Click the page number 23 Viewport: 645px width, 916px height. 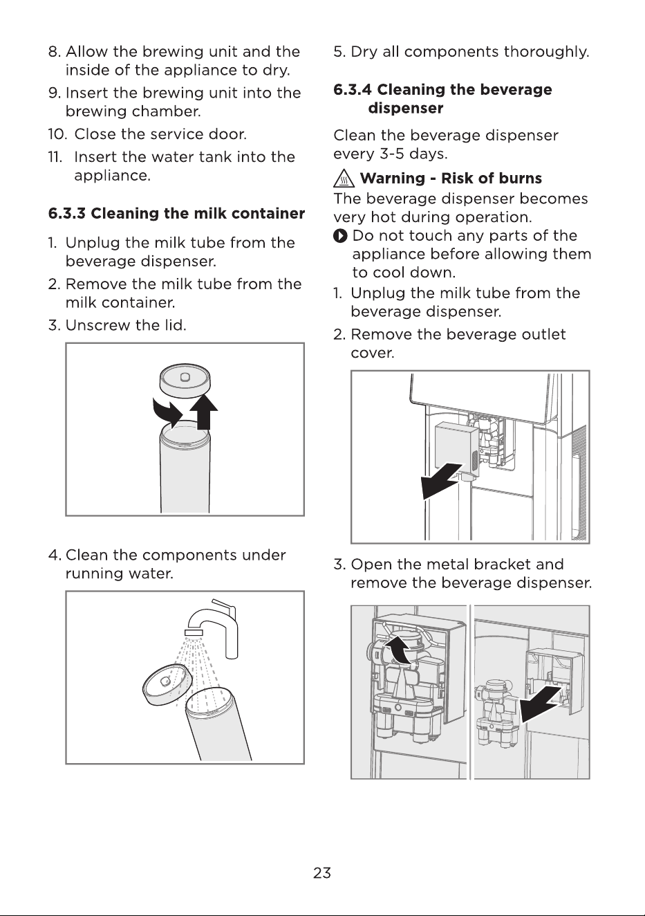(x=322, y=872)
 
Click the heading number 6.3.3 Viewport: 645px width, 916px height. (x=67, y=213)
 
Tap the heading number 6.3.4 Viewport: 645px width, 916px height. (x=353, y=89)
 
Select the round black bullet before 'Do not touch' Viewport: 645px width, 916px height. (x=340, y=236)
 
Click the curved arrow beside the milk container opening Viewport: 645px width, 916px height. (x=167, y=412)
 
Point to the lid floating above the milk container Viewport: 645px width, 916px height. (x=185, y=379)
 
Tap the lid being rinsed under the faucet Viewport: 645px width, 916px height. (x=167, y=686)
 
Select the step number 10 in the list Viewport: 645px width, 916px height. (x=57, y=134)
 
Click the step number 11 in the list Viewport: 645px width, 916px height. (x=55, y=157)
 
